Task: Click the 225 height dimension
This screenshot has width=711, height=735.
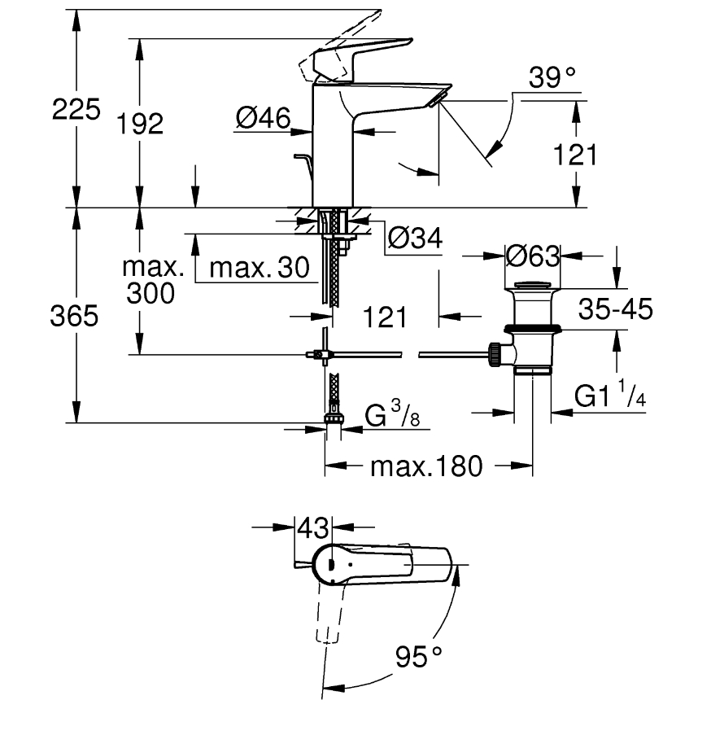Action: click(76, 109)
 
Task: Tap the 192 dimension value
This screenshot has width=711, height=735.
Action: click(140, 124)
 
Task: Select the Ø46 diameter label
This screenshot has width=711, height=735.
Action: click(264, 117)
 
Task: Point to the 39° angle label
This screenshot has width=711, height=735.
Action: click(552, 77)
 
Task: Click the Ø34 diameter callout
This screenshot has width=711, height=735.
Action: click(415, 238)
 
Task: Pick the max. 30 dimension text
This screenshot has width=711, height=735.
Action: click(260, 268)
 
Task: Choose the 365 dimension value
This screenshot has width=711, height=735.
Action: click(74, 316)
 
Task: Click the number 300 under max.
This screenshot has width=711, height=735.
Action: click(150, 294)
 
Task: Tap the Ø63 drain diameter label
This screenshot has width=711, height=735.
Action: click(533, 256)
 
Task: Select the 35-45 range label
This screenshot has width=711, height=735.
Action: click(616, 309)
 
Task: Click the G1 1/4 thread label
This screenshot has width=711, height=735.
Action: click(610, 394)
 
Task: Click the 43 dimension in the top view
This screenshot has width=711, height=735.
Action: click(313, 528)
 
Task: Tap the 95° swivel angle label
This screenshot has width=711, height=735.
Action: click(418, 656)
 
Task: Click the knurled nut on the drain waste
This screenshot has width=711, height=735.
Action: click(494, 355)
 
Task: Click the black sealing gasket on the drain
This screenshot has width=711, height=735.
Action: click(533, 328)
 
